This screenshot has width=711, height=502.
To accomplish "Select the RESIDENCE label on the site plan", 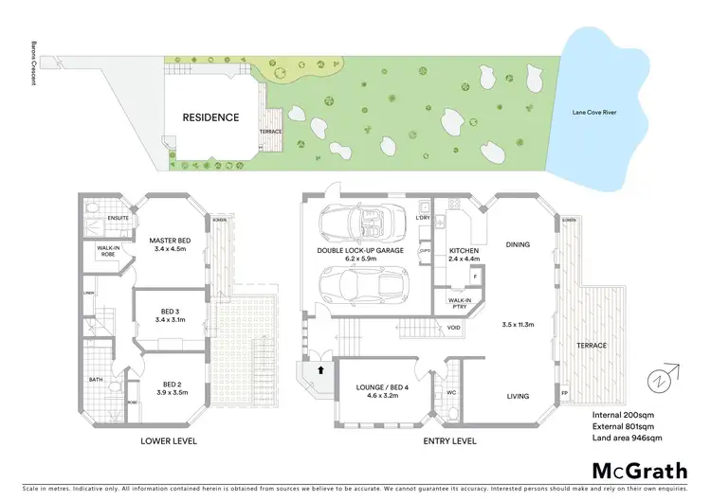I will point(210,117).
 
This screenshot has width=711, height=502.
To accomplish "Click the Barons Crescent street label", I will point(32,70).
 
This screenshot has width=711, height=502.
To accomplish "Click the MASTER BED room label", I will point(171,241).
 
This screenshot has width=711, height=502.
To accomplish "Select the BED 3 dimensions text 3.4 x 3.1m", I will point(171,320).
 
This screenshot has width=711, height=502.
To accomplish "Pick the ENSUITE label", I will point(118,217).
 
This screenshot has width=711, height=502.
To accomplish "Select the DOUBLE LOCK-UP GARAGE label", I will point(360,251).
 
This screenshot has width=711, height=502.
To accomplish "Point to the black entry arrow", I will point(320,371).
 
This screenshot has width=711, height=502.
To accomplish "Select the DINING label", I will point(517,244).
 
